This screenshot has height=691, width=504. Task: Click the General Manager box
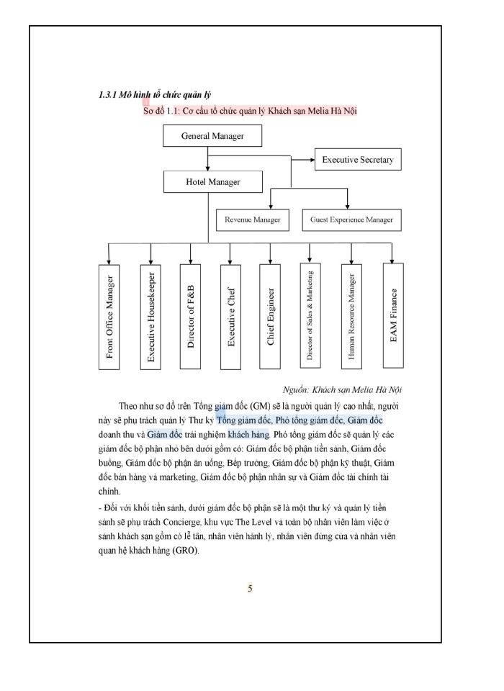212,136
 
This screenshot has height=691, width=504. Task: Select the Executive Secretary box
357,160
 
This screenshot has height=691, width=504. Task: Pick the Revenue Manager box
252,220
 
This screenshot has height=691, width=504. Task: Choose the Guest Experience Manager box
351,220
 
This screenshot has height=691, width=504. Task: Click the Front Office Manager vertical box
109,316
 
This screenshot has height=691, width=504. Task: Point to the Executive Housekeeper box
150,316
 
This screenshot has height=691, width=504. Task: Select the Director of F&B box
191,316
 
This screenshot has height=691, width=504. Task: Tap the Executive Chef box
230,316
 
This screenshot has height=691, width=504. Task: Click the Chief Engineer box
271,316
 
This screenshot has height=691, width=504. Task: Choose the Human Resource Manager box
351,316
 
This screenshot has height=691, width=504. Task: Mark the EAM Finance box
392,316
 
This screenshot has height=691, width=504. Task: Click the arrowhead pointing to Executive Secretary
311,159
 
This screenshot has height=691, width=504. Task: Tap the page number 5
250,589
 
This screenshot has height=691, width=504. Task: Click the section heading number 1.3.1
109,96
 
